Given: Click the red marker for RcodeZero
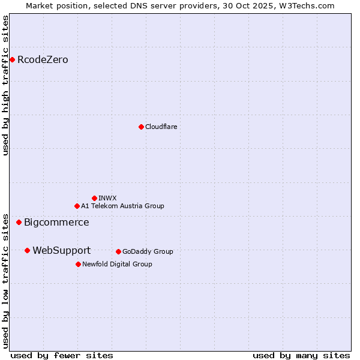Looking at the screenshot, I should [12, 59].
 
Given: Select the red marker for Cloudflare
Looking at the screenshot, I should [141, 127].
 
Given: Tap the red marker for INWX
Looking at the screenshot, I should [94, 198].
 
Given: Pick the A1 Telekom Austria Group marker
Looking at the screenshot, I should [77, 206].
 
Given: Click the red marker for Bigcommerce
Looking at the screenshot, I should [19, 222].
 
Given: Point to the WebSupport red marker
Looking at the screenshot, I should [27, 250].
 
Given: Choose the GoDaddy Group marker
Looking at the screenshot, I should [118, 251].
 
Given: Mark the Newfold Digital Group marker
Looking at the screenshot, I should [78, 264].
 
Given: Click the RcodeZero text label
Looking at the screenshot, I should [43, 59].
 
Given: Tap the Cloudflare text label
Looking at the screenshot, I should [161, 127].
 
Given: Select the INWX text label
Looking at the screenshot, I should [107, 198].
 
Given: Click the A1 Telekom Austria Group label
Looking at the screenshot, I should [122, 206].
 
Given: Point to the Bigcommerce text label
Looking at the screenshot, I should [56, 222].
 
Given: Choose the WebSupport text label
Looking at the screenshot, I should [61, 250].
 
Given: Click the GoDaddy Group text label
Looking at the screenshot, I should [148, 251].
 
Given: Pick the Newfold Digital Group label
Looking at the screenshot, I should [117, 264].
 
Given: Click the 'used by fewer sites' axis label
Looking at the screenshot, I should [62, 355].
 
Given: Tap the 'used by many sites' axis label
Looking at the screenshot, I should [301, 355].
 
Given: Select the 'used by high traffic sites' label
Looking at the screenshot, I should [6, 85].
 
